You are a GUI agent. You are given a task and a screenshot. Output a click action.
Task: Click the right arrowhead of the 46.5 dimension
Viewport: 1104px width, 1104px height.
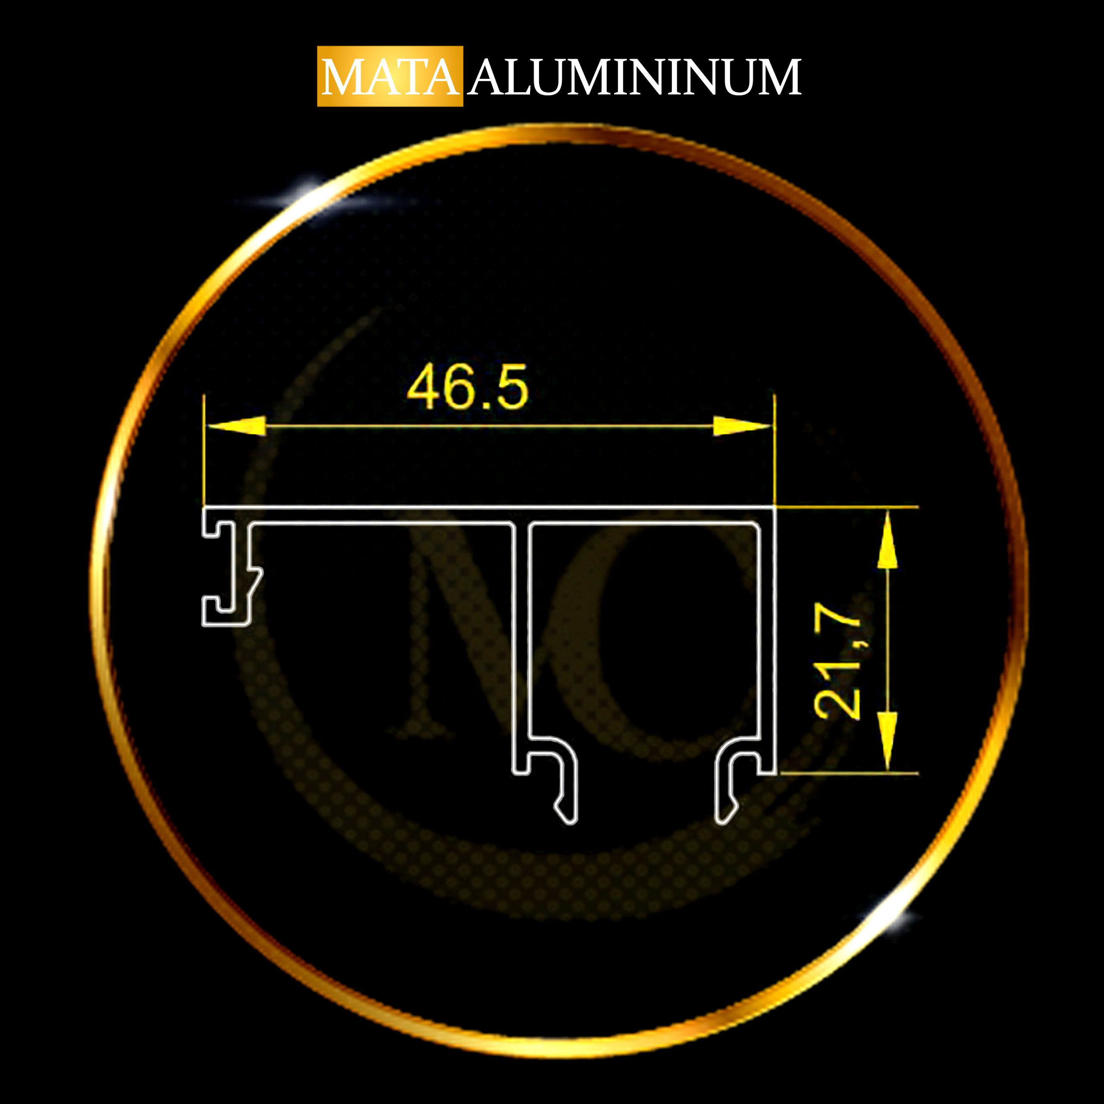(x=743, y=426)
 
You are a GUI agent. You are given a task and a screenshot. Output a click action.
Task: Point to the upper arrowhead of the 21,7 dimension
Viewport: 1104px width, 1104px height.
(x=887, y=540)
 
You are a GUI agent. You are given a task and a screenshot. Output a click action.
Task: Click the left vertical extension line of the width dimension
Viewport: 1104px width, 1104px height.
(x=204, y=450)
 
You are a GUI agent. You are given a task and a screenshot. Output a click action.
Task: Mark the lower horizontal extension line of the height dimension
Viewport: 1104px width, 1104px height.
(x=849, y=774)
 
